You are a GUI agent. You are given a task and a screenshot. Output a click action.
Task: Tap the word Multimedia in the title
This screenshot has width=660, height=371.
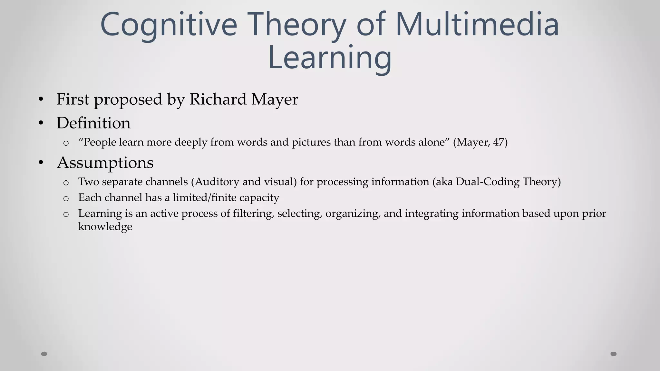(477, 24)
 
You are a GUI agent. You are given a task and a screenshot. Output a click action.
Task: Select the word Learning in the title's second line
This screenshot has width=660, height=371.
(330, 58)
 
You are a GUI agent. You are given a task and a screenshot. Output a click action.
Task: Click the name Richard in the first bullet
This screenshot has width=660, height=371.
(218, 99)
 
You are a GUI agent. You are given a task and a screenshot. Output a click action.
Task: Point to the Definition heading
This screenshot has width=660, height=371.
(93, 123)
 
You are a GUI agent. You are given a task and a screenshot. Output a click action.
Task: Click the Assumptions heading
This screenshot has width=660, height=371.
(105, 163)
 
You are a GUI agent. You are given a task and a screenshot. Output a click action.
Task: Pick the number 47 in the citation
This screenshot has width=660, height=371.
(499, 142)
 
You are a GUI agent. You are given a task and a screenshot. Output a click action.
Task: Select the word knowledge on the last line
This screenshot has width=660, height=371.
(105, 226)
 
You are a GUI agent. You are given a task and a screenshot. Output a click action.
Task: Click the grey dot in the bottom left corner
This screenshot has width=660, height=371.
(44, 354)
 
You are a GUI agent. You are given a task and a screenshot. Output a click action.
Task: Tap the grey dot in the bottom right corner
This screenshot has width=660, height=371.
(614, 354)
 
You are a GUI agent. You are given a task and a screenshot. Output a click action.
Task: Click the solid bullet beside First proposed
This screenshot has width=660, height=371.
(41, 100)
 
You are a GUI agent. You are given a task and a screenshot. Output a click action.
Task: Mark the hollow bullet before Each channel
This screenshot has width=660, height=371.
(66, 198)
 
